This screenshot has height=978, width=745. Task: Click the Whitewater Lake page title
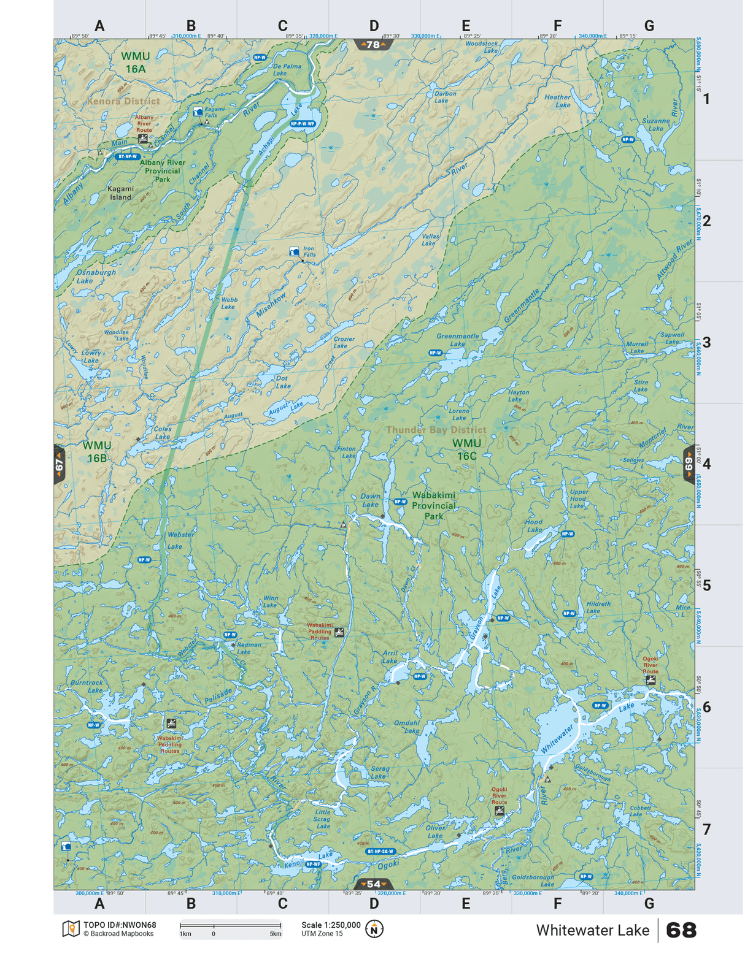pyautogui.click(x=592, y=930)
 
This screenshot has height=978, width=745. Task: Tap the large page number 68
pyautogui.click(x=681, y=930)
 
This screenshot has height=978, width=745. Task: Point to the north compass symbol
pyautogui.click(x=374, y=929)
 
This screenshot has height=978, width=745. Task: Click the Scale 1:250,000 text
pyautogui.click(x=331, y=925)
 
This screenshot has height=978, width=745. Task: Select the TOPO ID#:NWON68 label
pyautogui.click(x=120, y=925)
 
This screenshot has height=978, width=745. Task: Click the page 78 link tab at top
pyautogui.click(x=373, y=45)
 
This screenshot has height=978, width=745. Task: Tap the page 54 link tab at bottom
pyautogui.click(x=373, y=884)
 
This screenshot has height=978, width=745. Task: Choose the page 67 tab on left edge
pyautogui.click(x=60, y=465)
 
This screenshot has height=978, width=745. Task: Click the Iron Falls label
pyautogui.click(x=309, y=252)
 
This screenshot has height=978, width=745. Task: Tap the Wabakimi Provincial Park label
pyautogui.click(x=433, y=505)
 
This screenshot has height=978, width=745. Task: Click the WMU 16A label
pyautogui.click(x=135, y=63)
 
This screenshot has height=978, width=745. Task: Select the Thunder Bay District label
pyautogui.click(x=436, y=430)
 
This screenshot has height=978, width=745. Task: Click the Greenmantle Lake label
pyautogui.click(x=457, y=340)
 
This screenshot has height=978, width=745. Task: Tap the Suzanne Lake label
pyautogui.click(x=655, y=124)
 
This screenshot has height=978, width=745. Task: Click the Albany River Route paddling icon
pyautogui.click(x=143, y=139)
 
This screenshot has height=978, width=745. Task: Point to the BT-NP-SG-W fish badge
pyautogui.click(x=380, y=851)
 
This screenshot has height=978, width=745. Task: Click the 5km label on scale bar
pyautogui.click(x=276, y=934)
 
